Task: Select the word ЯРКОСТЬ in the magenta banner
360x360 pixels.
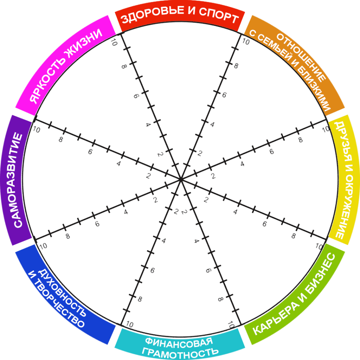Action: tap(47, 83)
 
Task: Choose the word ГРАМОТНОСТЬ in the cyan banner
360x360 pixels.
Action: tap(179, 351)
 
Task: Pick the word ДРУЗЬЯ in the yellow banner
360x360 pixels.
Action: tap(340, 146)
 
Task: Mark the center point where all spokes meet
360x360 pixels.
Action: tap(180, 179)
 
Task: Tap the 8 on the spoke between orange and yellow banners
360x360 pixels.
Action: tap(300, 140)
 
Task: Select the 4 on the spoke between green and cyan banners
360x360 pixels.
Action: tap(196, 241)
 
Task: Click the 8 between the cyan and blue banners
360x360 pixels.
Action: tap(140, 299)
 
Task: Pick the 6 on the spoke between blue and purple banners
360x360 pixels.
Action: tap(97, 224)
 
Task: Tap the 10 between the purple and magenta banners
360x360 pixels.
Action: tap(36, 129)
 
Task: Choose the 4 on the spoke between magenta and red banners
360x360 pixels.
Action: tap(148, 124)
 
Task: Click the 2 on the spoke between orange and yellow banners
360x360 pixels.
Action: tap(212, 175)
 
